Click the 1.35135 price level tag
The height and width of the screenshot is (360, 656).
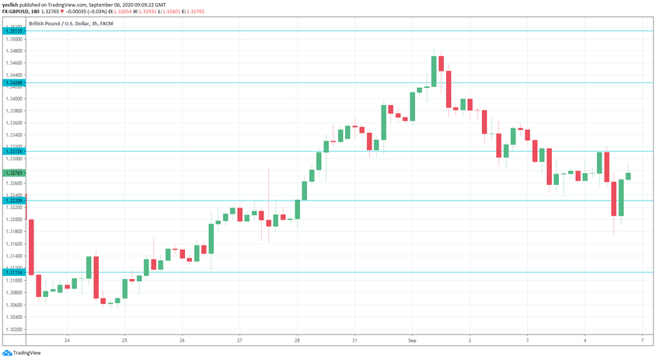13,31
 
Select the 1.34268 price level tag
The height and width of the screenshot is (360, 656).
13,82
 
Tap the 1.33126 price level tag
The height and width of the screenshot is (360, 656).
13,151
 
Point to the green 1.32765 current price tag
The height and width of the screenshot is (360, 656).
13,173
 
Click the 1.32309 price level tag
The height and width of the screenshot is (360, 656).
13,201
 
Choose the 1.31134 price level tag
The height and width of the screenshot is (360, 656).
13,272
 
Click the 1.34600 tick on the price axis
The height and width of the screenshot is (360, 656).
13,63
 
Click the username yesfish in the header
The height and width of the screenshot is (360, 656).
11,4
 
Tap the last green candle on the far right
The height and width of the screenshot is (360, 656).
628,177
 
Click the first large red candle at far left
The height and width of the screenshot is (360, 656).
31,246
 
